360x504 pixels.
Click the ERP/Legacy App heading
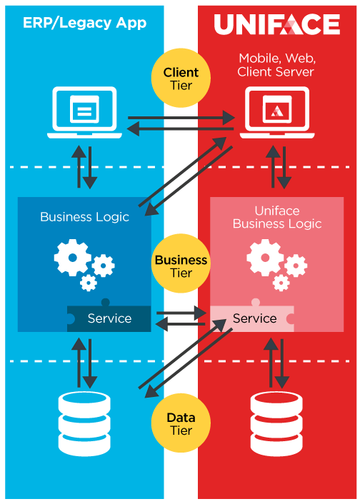coord(84,23)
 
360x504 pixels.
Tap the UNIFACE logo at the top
coord(276,24)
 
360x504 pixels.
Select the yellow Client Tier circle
coord(181,78)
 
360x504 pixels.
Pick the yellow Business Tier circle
coord(181,263)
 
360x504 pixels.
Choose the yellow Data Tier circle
coord(181,423)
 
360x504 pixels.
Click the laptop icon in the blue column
coord(84,113)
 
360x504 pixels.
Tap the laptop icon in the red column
coord(277,113)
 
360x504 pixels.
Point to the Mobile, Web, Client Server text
coord(276,65)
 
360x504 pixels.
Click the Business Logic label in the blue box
coord(84,217)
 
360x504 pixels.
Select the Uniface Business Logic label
coord(277,217)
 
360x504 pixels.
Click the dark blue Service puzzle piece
coord(109,318)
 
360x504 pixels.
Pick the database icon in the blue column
coord(84,423)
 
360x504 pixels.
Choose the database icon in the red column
coord(276,423)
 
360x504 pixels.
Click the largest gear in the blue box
coord(72,258)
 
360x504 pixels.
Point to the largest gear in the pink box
coord(265,258)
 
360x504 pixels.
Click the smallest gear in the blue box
coord(89,283)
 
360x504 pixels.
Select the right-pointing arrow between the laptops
coord(181,118)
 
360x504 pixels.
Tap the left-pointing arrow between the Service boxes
coord(180,324)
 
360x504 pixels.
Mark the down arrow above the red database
coord(282,363)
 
